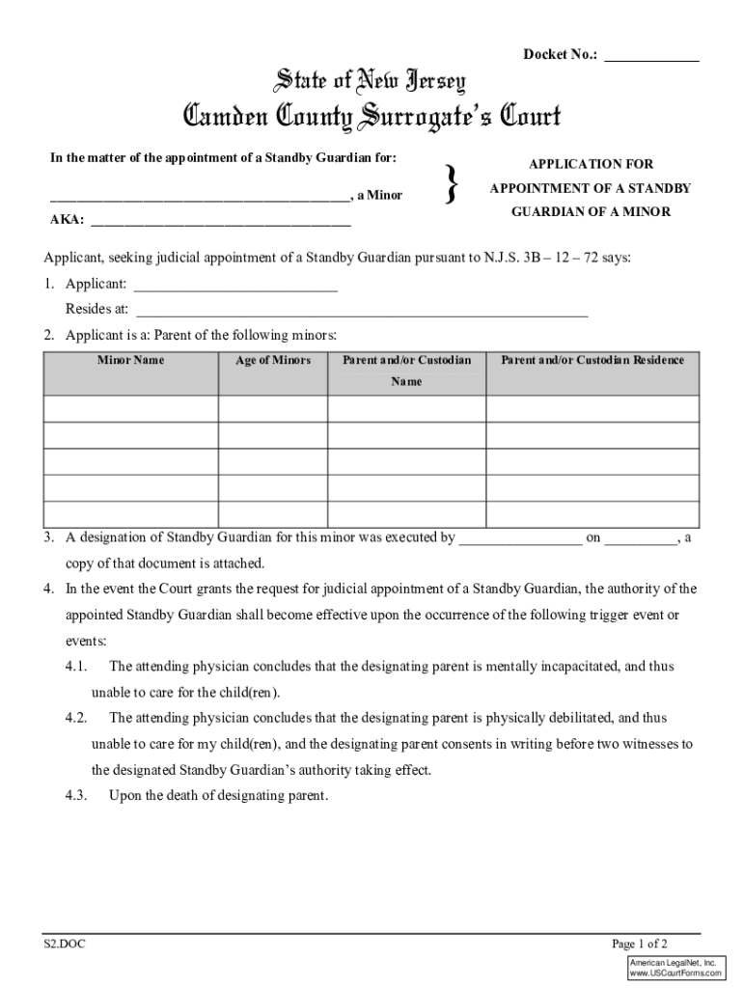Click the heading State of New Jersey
(371, 81)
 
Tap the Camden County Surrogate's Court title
(371, 119)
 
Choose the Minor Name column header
(130, 361)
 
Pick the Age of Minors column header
(273, 361)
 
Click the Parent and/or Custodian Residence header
(592, 361)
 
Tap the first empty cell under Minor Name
(130, 410)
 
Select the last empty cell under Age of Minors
(273, 513)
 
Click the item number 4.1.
(77, 667)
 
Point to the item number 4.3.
(77, 796)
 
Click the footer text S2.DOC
(64, 945)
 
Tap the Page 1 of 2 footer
(640, 945)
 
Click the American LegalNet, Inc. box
(676, 969)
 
